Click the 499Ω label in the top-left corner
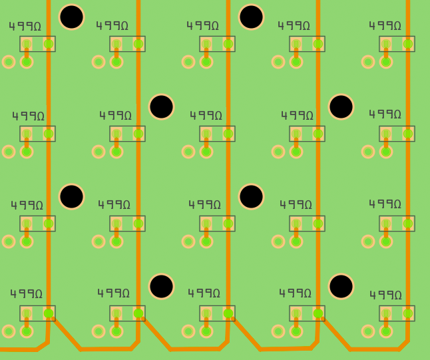[25, 27]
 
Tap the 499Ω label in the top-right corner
[385, 26]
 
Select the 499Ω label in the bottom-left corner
[26, 294]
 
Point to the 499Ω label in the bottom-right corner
[385, 295]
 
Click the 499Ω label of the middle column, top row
[202, 26]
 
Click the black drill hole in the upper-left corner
[71, 17]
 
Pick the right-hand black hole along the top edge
[251, 17]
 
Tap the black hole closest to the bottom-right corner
[341, 286]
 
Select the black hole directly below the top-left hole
[71, 196]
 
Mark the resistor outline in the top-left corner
[37, 44]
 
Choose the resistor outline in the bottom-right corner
[397, 313]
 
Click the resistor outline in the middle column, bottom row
[217, 313]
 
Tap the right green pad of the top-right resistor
[408, 44]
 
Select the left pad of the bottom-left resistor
[27, 313]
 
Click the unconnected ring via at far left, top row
[9, 62]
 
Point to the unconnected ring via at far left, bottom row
[9, 331]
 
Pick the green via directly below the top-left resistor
[27, 62]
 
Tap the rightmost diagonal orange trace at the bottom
[336, 333]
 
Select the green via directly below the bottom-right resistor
[386, 331]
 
